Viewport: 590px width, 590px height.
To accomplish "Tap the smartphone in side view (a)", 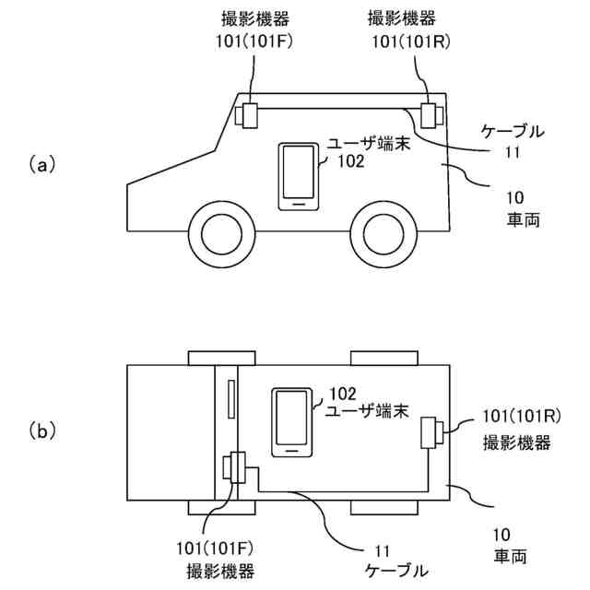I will [299, 176].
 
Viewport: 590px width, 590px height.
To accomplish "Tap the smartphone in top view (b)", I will [291, 422].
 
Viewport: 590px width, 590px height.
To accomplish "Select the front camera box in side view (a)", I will [249, 116].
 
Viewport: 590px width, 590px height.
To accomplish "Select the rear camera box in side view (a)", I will [431, 116].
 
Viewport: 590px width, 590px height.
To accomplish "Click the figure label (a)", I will [43, 165].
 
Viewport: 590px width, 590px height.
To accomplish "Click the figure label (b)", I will [43, 430].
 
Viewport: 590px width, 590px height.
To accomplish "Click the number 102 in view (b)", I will [342, 392].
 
